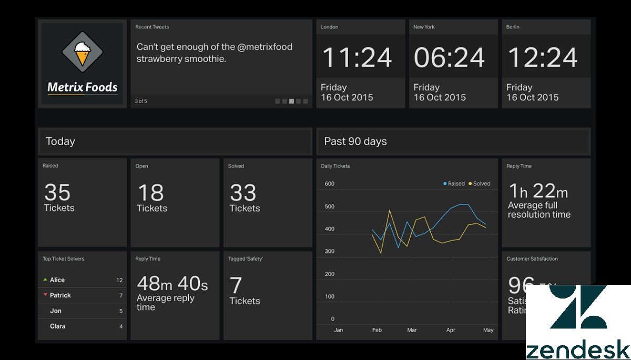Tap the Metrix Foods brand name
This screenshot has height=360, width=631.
tap(83, 87)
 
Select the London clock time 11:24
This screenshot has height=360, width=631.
tap(357, 57)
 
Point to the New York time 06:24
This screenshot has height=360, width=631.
tap(449, 57)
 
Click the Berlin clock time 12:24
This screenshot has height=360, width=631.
tap(543, 57)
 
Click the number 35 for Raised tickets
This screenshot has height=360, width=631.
tap(57, 192)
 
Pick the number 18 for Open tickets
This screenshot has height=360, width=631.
tap(150, 193)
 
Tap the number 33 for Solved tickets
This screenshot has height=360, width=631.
tap(243, 193)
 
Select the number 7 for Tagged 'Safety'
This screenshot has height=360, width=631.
tap(236, 285)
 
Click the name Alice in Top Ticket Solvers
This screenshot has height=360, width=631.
tap(57, 280)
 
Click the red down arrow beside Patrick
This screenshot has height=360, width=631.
tap(45, 295)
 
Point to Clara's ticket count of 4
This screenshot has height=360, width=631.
tap(121, 326)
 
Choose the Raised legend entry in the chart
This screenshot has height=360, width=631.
tap(454, 183)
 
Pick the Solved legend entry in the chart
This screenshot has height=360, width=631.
tap(479, 183)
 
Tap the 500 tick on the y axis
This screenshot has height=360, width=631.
tap(330, 207)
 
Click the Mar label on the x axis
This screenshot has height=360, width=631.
tap(412, 330)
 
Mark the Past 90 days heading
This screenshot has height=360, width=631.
tap(355, 141)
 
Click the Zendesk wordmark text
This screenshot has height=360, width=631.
tap(577, 349)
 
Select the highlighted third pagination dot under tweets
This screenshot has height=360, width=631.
tap(291, 101)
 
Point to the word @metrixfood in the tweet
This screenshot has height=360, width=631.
tap(264, 47)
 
